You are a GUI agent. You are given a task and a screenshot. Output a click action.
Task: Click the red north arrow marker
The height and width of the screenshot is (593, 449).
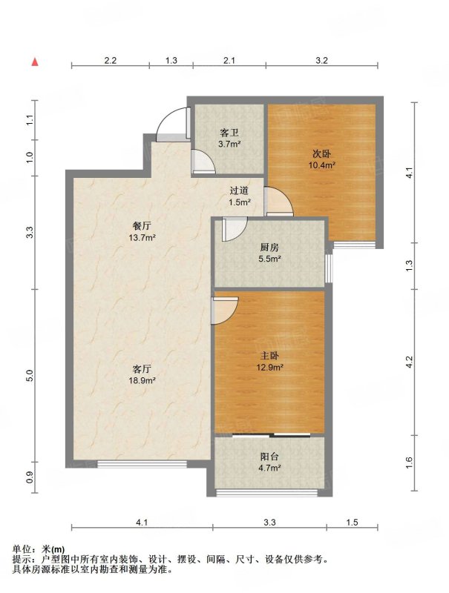pos(35,62)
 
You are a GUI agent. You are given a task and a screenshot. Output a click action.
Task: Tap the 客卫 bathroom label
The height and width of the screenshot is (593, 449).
pos(229,133)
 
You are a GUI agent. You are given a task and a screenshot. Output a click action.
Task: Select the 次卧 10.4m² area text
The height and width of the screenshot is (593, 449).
pos(322,165)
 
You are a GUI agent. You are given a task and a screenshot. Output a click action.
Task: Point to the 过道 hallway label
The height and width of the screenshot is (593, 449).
pos(239,191)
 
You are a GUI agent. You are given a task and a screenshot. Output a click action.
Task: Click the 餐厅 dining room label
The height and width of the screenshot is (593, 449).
pos(142,226)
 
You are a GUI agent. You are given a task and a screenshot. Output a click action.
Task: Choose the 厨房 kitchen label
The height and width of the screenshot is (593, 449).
pos(269,248)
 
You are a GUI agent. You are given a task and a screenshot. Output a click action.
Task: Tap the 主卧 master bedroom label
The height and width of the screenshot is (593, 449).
pos(269,356)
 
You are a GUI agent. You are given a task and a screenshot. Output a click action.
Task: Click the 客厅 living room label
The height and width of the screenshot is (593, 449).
pos(142,368)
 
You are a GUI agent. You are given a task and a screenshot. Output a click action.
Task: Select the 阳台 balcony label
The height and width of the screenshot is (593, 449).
pos(269,457)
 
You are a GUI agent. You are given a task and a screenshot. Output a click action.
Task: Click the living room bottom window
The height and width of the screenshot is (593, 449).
pos(142,464)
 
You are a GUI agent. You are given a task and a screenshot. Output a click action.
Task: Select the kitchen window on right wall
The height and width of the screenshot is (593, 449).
pos(329,268)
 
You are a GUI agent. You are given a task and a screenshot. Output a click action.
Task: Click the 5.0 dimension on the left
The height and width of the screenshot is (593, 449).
pos(30,376)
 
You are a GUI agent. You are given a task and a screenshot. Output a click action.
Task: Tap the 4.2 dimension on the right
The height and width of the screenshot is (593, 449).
pos(408,362)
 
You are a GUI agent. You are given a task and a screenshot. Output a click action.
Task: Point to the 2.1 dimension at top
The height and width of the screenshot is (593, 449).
pos(229,60)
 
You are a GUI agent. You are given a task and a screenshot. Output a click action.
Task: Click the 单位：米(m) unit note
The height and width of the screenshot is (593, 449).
pos(39,549)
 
